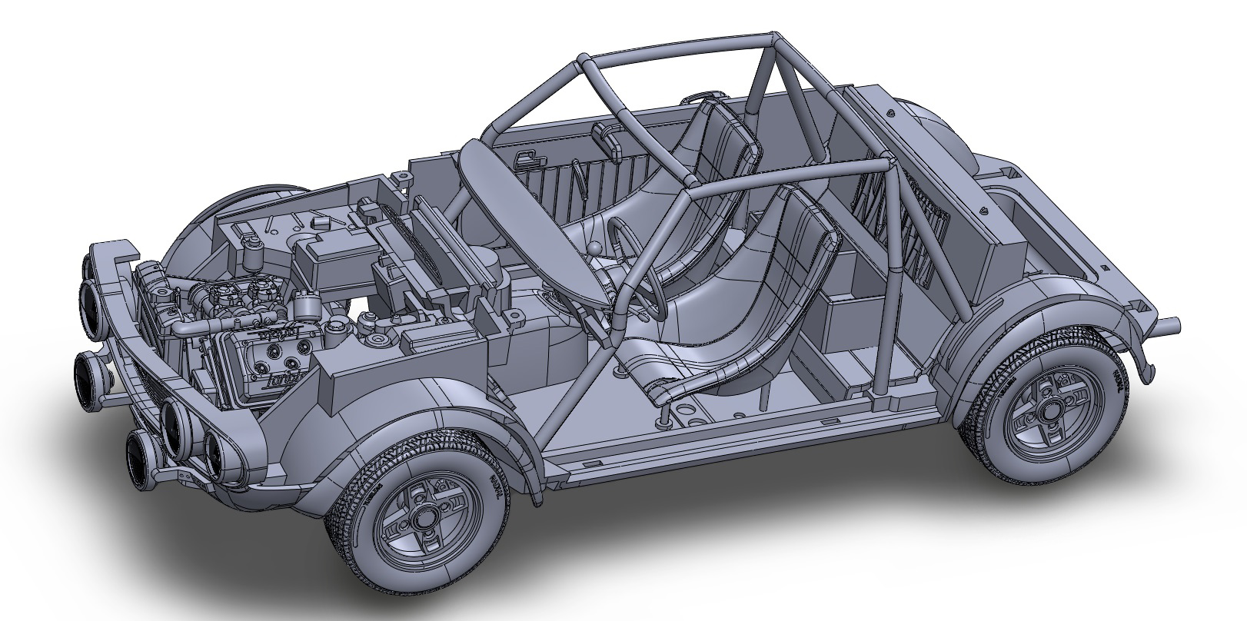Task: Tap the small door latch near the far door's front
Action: tap(527, 157)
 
